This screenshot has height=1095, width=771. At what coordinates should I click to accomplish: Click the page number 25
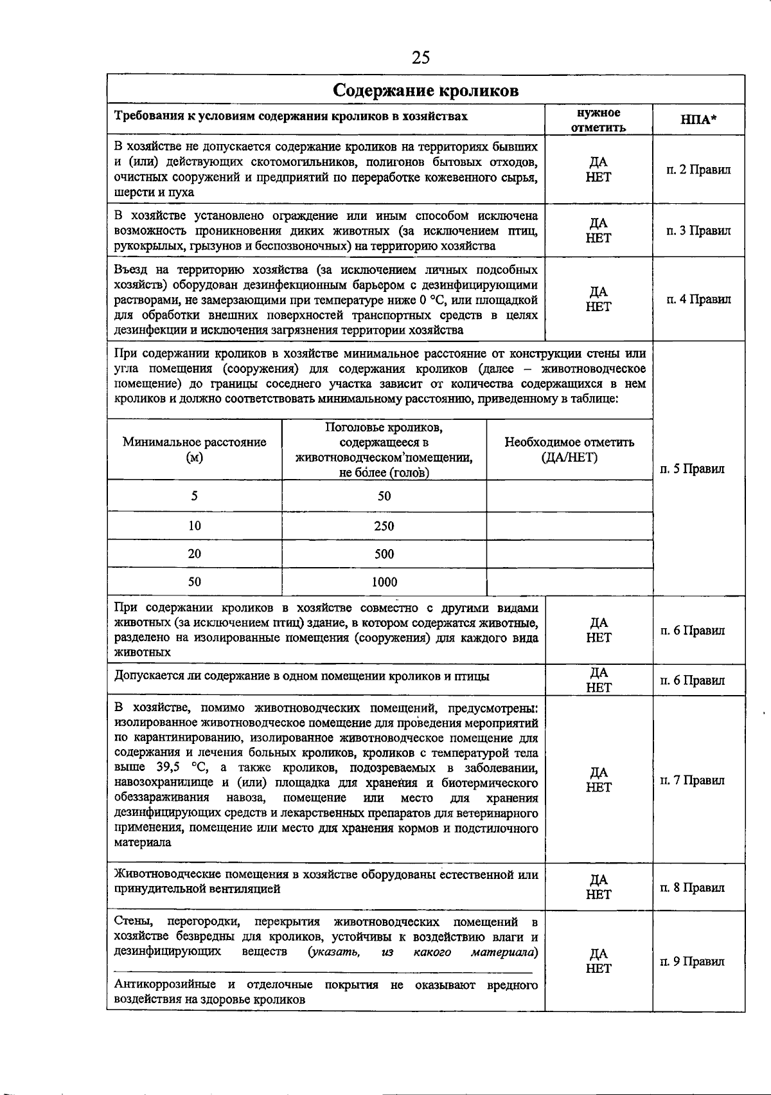point(421,58)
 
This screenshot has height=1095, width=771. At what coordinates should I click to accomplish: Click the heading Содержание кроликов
point(425,90)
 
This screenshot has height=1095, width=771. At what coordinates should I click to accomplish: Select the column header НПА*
point(698,120)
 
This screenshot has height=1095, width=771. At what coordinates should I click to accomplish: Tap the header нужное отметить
point(598,120)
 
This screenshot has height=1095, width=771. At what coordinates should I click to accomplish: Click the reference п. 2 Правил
point(698,170)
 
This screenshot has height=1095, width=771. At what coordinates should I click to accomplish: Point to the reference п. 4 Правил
point(698,299)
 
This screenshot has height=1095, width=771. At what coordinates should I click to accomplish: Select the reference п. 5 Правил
point(693,469)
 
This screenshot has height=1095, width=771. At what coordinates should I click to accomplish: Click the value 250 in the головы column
point(384,526)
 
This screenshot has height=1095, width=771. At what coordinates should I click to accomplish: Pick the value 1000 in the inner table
point(384,582)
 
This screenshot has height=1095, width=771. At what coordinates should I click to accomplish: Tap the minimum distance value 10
point(194,526)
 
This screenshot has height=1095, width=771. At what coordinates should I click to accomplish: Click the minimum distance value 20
point(194,554)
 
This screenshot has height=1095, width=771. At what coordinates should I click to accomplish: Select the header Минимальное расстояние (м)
point(194,449)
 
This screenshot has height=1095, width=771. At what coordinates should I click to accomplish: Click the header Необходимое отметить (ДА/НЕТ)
point(569,449)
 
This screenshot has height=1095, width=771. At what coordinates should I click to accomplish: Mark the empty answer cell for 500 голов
point(569,554)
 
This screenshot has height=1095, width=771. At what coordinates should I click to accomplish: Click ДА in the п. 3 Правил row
point(598,223)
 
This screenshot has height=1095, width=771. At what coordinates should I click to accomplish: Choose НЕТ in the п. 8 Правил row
point(598,894)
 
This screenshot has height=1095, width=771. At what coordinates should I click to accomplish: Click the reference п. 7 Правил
point(693,780)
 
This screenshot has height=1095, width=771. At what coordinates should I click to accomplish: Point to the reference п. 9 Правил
point(693,961)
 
